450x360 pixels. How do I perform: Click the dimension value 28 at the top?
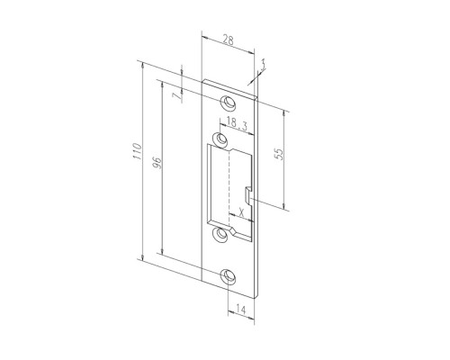pyautogui.click(x=228, y=40)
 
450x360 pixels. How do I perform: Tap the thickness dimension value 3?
pyautogui.click(x=263, y=65)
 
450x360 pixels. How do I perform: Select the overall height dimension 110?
pyautogui.click(x=137, y=151)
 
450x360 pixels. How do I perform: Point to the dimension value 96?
pyautogui.click(x=157, y=163)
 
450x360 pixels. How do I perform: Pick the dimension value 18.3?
pyautogui.click(x=237, y=123)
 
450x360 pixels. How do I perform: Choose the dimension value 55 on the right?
pyautogui.click(x=279, y=154)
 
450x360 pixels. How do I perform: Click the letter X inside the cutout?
pyautogui.click(x=242, y=212)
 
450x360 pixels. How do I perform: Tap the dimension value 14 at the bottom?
pyautogui.click(x=240, y=310)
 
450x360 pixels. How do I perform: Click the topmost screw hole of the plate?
pyautogui.click(x=228, y=103)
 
